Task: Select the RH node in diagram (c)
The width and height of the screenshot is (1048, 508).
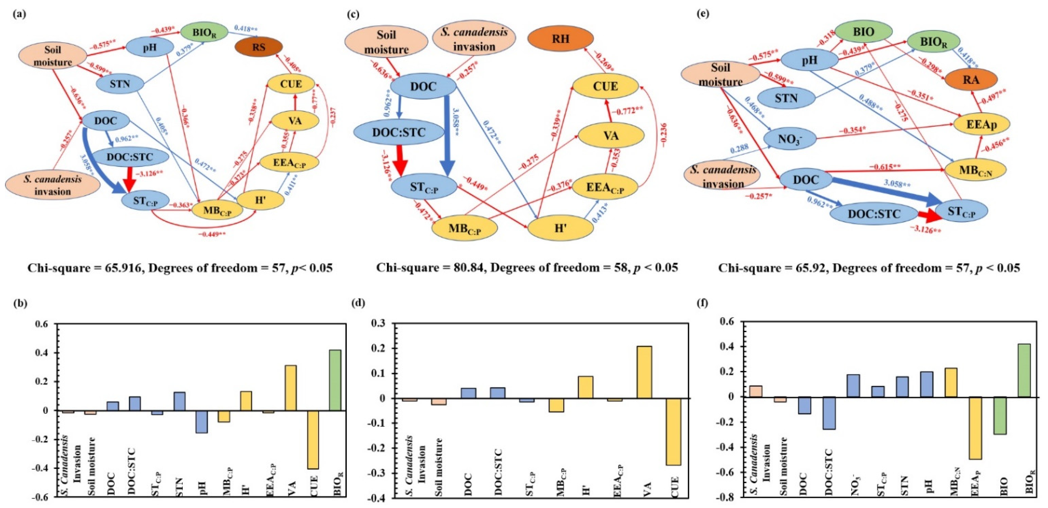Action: click(x=560, y=39)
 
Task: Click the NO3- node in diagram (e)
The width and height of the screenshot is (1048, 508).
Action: click(x=790, y=139)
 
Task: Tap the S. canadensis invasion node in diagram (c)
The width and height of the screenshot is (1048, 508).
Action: click(x=474, y=39)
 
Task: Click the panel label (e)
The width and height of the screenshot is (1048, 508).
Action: click(x=703, y=13)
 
